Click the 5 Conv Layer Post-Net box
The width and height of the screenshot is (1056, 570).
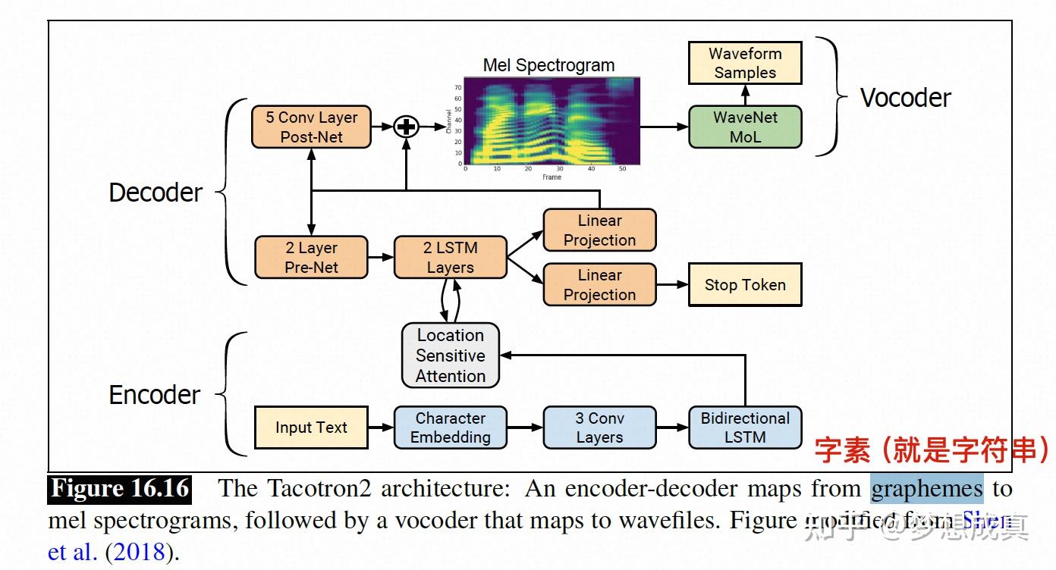coord(311,127)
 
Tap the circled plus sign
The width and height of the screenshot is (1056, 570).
coord(407,127)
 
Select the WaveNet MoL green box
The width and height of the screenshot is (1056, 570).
coord(745,127)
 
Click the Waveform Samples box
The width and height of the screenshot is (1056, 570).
coord(745,63)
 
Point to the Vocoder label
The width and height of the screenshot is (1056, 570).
coord(905,98)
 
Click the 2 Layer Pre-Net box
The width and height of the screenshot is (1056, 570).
coord(311,258)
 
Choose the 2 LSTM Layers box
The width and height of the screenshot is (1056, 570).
coord(450,258)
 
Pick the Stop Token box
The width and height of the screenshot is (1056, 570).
coord(745,285)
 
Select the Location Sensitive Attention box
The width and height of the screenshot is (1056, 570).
coord(451,355)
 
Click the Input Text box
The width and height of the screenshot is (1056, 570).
coord(311,427)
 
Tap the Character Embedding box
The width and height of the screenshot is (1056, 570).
coord(450,427)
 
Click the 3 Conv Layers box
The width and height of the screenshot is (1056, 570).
coord(599,427)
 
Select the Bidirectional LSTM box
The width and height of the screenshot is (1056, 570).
coord(745,427)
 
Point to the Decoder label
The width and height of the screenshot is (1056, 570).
coord(156,193)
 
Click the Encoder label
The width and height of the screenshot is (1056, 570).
coord(155,395)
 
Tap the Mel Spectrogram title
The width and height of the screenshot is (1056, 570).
coord(548,65)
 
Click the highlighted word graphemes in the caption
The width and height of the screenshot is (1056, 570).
coord(926,489)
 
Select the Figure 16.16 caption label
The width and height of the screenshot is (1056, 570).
coord(120,489)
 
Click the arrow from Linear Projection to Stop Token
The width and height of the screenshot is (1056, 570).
coord(671,285)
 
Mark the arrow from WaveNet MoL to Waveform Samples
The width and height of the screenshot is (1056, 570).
coord(745,95)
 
